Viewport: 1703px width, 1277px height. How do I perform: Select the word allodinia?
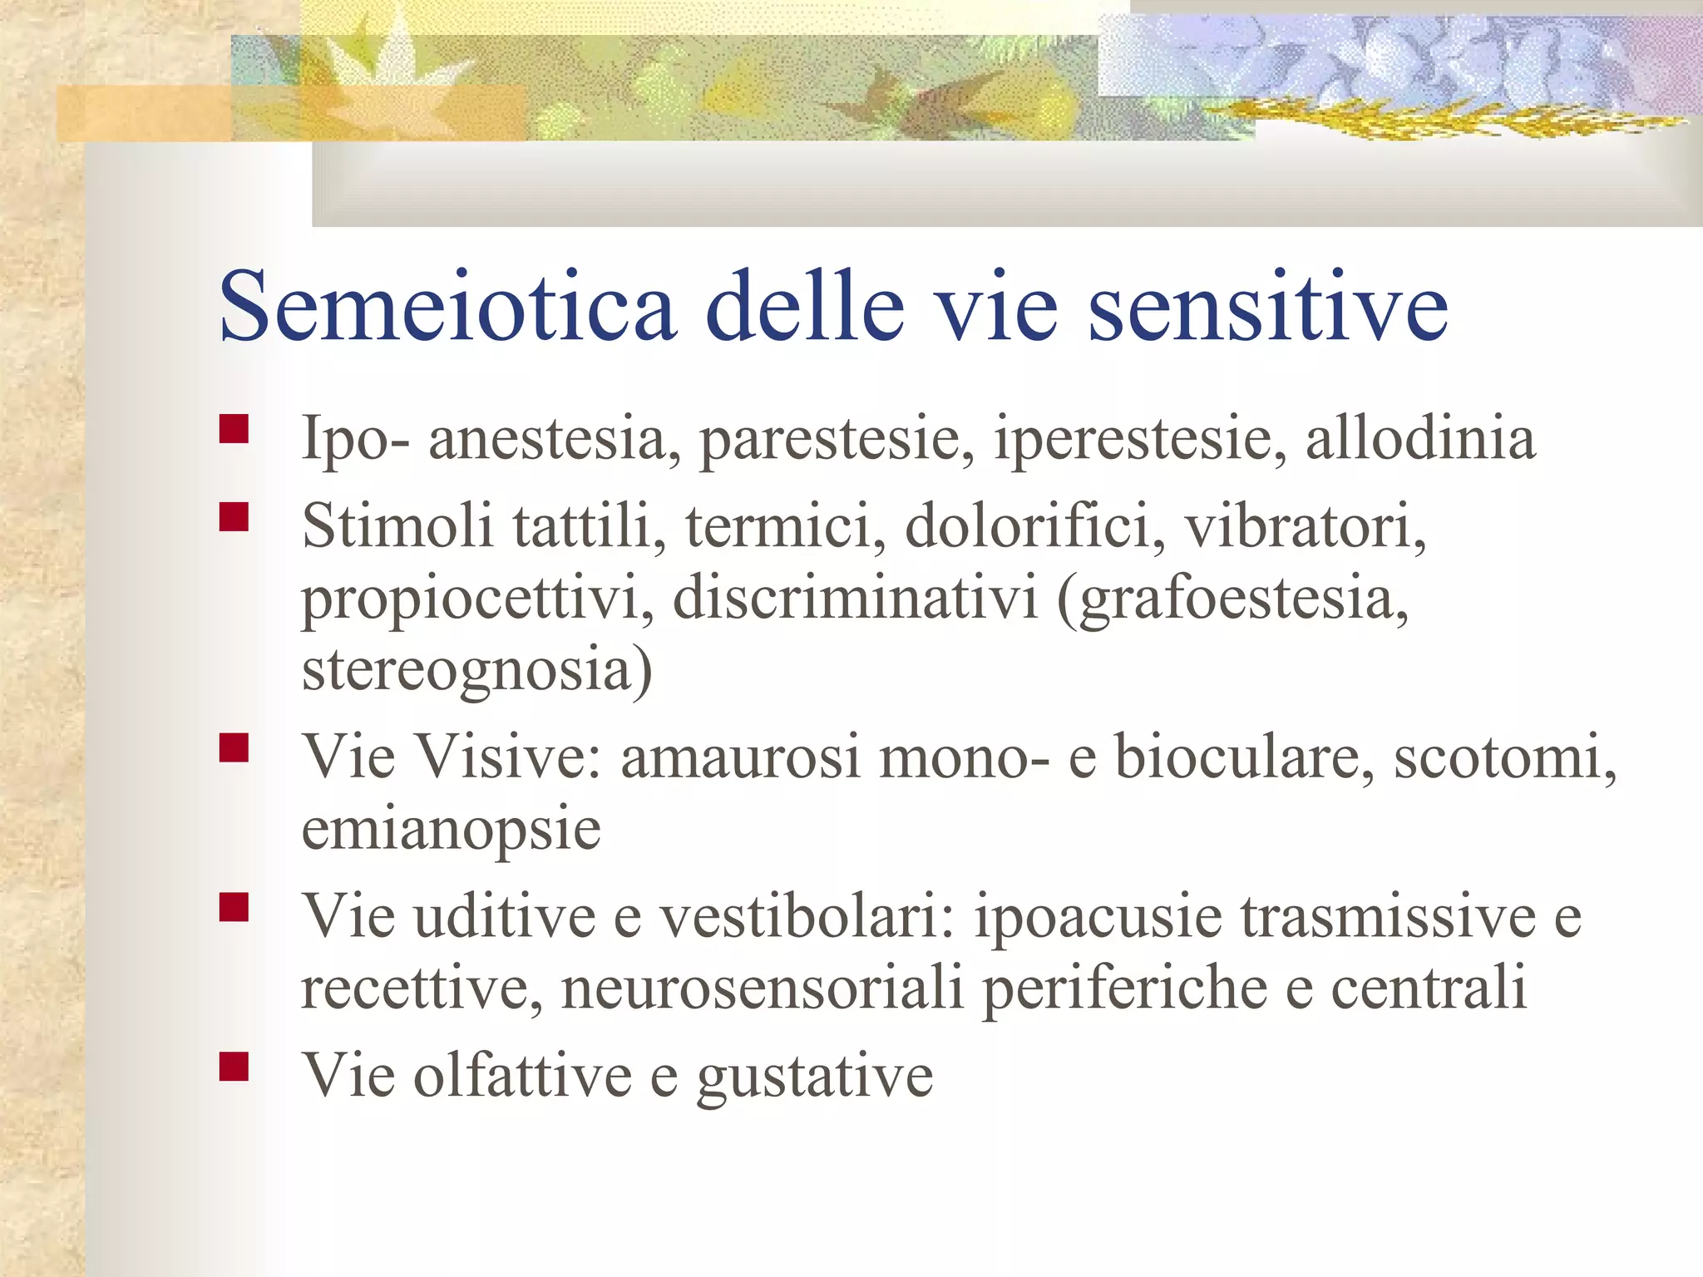pyautogui.click(x=1419, y=437)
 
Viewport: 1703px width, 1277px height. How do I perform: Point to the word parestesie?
pyautogui.click(x=837, y=439)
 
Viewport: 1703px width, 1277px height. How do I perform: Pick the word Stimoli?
pyautogui.click(x=397, y=525)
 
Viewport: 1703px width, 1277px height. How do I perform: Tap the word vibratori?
pyautogui.click(x=1305, y=527)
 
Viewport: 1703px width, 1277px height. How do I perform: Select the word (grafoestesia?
pyautogui.click(x=1232, y=599)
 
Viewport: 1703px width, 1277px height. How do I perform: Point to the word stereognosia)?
pyautogui.click(x=477, y=670)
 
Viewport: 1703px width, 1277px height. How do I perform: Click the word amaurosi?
pyautogui.click(x=740, y=757)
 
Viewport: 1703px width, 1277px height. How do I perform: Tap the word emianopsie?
pyautogui.click(x=451, y=830)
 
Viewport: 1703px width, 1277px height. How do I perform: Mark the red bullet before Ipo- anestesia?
pyautogui.click(x=234, y=429)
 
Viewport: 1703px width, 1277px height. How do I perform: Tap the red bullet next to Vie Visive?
pyautogui.click(x=234, y=747)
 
